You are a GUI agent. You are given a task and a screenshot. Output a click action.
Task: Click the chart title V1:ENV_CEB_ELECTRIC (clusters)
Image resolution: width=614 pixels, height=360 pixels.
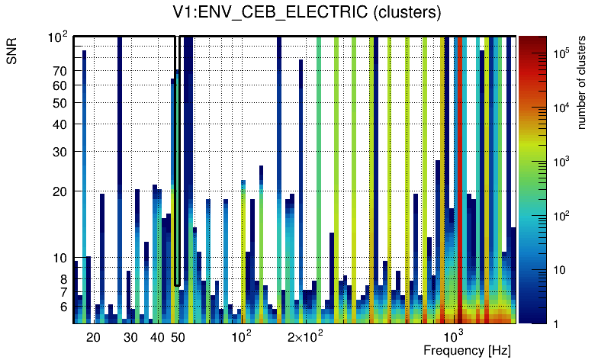307,12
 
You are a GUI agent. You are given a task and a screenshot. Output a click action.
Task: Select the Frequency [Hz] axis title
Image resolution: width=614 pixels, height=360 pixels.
467,350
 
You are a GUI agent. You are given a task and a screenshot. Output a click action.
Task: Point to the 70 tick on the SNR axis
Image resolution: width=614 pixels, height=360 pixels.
60,71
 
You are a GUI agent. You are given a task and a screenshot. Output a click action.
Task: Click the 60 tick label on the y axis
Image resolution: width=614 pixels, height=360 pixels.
60,85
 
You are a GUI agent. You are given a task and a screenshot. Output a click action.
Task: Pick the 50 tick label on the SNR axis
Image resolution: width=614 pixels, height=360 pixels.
60,103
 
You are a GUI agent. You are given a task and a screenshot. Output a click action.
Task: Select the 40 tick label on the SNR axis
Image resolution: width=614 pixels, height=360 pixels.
60,124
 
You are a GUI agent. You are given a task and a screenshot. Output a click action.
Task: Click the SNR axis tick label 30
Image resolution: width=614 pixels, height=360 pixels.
60,152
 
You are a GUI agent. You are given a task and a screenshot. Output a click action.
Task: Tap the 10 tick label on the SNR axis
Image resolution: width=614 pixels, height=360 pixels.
60,259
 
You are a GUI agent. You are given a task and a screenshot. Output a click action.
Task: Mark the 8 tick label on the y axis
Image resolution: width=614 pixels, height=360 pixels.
63,279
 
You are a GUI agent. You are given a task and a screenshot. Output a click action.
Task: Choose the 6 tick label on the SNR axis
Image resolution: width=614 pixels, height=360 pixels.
63,307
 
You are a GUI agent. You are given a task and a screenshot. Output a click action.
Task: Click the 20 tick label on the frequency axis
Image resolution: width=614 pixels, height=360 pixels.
93,336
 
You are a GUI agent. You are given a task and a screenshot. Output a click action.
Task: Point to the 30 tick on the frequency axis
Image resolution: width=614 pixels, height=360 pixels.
130,336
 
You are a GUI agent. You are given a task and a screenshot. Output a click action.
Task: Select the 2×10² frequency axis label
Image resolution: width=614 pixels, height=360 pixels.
305,336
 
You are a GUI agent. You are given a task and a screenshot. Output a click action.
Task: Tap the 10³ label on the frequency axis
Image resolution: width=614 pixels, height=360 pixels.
453,336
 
